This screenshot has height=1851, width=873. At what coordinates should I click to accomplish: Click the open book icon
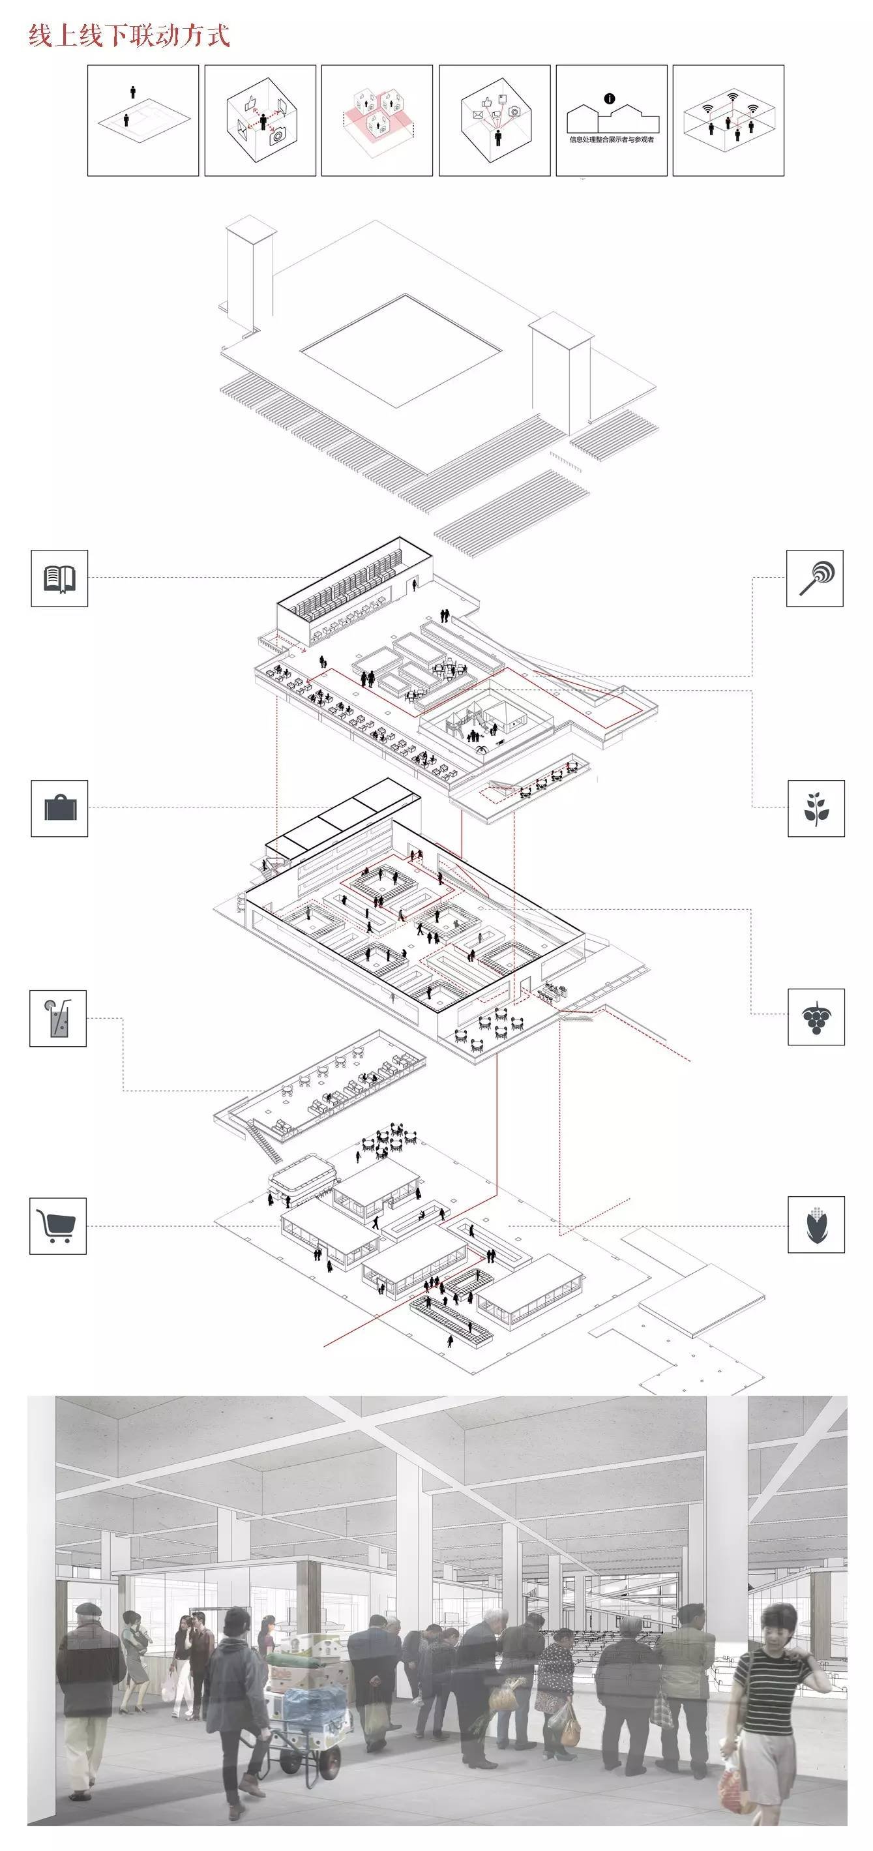[59, 579]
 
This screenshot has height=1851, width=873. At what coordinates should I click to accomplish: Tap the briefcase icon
[59, 808]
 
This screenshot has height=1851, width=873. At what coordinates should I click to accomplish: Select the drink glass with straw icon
[58, 1018]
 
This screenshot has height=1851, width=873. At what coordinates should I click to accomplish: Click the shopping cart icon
[58, 1226]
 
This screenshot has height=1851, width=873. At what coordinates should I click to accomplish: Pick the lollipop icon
[814, 579]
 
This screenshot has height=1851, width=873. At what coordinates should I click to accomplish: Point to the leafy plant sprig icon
[816, 808]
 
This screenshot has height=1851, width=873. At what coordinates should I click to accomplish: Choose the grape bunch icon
[816, 1017]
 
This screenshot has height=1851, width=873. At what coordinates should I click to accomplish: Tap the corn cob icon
[816, 1225]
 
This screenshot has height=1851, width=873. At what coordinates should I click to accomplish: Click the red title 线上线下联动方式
[129, 35]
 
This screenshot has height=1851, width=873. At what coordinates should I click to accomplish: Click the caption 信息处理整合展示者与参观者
[612, 140]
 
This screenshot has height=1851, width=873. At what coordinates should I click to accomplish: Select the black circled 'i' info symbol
[610, 98]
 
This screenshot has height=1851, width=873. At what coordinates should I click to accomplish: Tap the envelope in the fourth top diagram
[477, 114]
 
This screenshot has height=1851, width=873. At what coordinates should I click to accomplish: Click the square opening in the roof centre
[400, 351]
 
